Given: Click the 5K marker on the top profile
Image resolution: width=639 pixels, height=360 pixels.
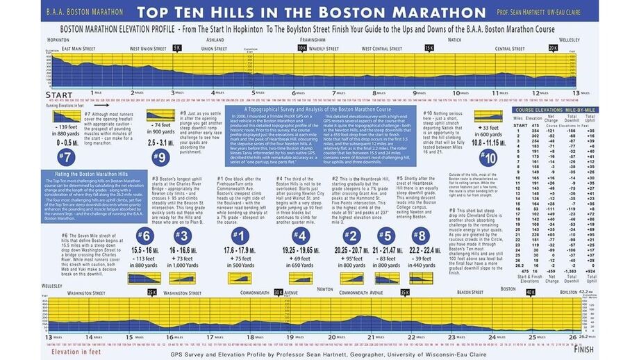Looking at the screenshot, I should click(177, 49).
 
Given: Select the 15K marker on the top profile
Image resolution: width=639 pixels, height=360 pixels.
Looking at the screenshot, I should click(429, 49).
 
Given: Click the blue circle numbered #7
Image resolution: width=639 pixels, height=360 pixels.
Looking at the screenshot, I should click(67, 156).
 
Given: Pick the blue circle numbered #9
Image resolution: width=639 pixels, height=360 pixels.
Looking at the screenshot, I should click(160, 156).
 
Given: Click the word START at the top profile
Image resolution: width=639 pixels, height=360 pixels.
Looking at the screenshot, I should click(58, 94).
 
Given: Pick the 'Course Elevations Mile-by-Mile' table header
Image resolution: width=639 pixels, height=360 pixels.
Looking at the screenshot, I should click(554, 109).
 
